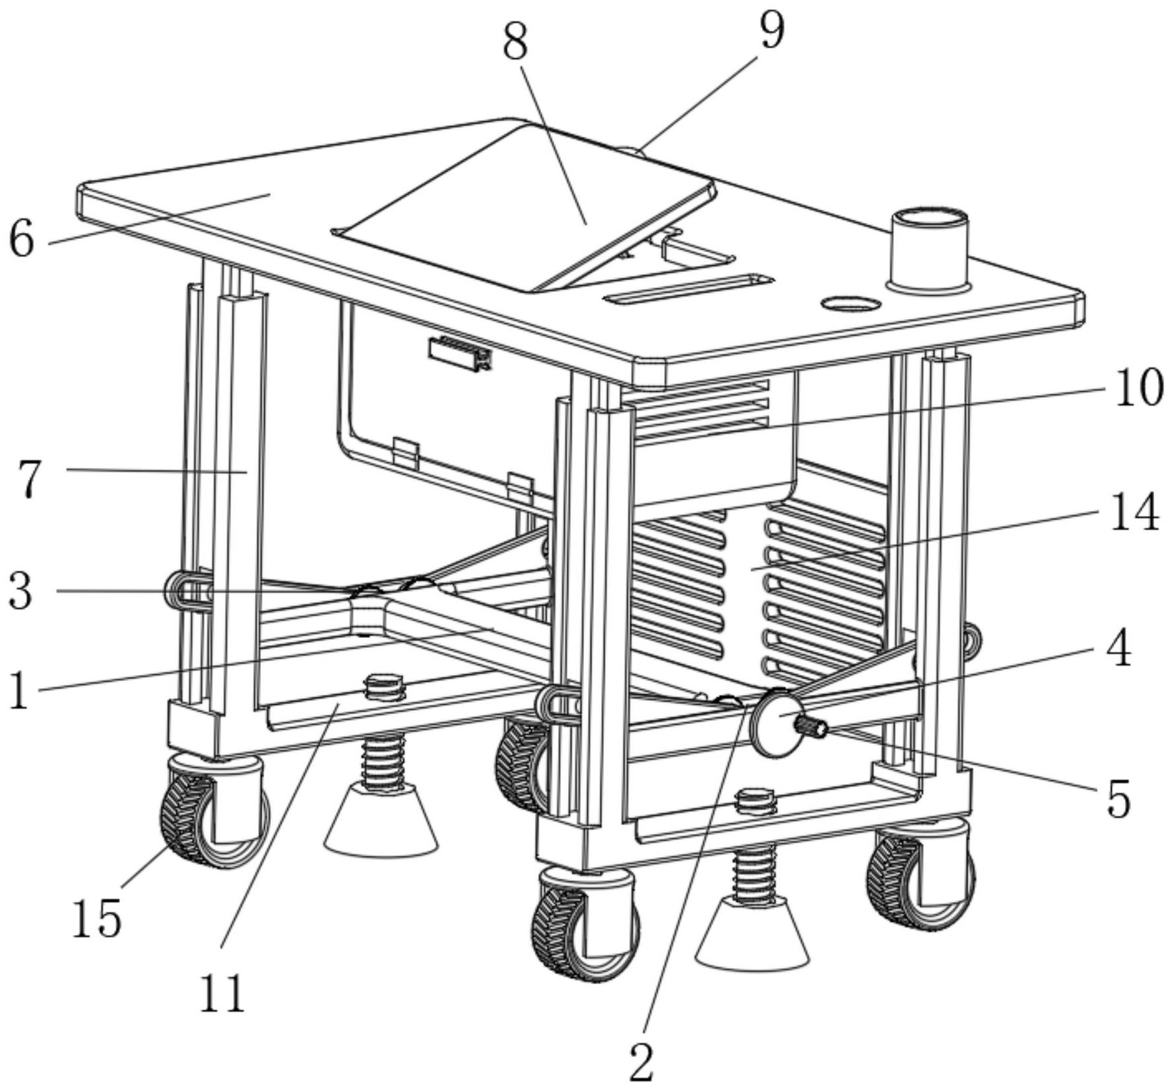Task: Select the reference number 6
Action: point(21,239)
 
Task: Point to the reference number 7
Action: point(30,479)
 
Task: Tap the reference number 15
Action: point(97,918)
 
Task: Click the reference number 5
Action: point(1118,799)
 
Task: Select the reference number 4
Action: point(1118,649)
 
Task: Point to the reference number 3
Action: point(20,591)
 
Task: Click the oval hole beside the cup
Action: point(850,304)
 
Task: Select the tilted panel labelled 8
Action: point(523,205)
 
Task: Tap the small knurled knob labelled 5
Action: point(814,727)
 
